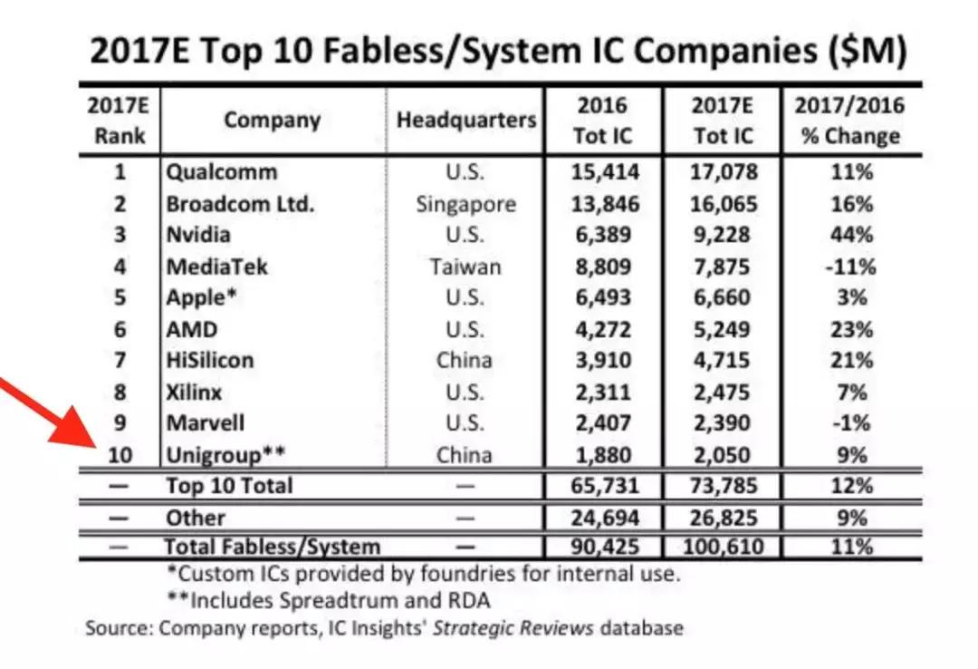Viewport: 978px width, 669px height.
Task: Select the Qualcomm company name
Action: pos(221,171)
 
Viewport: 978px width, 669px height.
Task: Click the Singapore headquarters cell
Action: pos(465,204)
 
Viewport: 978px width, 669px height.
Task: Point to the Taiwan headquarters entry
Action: pos(465,267)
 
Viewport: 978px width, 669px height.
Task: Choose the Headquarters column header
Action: pos(465,120)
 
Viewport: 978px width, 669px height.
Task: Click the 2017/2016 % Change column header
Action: pos(849,120)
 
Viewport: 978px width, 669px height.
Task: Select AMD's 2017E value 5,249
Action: pos(721,329)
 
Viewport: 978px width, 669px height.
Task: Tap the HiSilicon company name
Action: pos(209,360)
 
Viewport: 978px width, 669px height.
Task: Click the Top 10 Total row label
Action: pos(228,486)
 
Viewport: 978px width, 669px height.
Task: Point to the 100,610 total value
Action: pos(721,547)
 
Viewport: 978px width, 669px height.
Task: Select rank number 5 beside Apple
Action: pos(120,297)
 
